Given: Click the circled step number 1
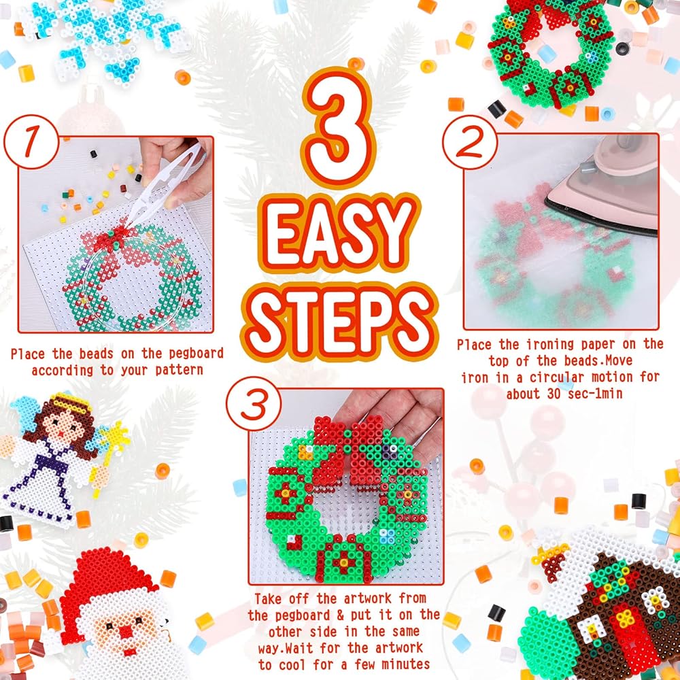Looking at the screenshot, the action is (x=31, y=142).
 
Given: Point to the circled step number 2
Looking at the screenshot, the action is (x=470, y=142).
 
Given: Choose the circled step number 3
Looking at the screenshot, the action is (x=254, y=404).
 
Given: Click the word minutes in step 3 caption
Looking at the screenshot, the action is (x=405, y=664).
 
